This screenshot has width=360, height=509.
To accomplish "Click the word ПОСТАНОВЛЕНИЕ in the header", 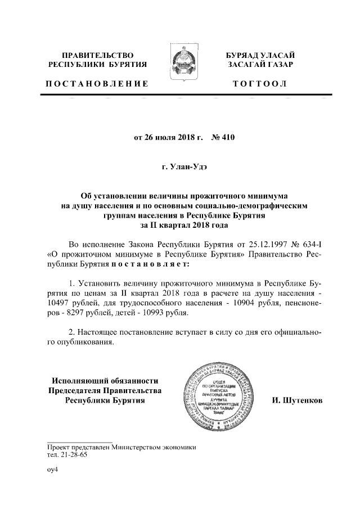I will click(x=97, y=84).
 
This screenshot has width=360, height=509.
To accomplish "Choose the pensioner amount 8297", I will click(x=78, y=312).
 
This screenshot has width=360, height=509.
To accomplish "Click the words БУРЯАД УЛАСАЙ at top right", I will click(x=260, y=55).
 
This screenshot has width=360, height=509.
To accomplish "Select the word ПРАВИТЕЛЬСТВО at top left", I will click(x=97, y=55).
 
